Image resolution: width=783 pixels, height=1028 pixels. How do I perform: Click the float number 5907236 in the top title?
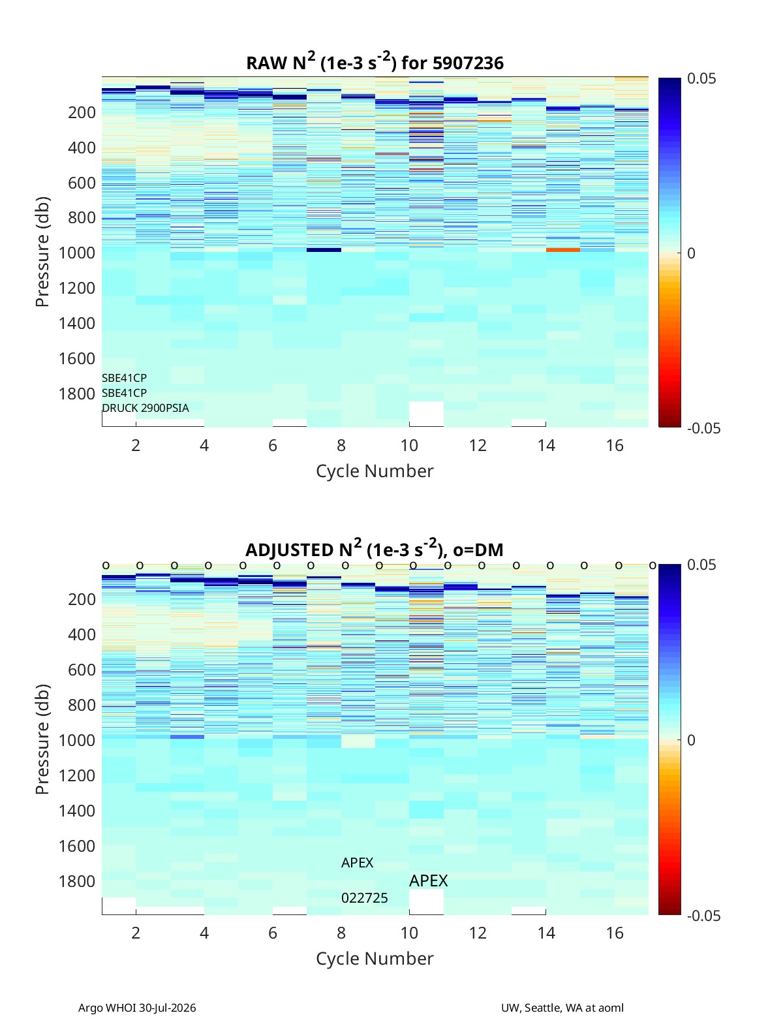[x=468, y=63]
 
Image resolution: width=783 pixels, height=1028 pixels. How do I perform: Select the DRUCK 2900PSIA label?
[x=146, y=408]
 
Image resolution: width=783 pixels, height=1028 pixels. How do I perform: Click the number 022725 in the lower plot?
[x=365, y=898]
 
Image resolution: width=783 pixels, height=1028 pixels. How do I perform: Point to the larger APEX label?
[x=428, y=880]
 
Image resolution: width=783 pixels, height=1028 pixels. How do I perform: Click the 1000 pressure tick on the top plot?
[x=77, y=253]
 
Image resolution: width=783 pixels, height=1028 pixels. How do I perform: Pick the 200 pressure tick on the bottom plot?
[x=82, y=599]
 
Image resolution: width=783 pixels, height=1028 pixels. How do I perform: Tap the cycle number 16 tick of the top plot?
[x=615, y=445]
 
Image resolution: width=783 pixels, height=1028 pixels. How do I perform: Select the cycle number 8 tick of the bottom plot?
[x=341, y=933]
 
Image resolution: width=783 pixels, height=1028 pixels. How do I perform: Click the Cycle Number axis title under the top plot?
[x=375, y=471]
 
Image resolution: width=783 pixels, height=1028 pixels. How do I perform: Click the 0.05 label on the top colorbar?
[x=701, y=78]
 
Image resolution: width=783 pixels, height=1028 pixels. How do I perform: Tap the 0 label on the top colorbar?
[x=691, y=253]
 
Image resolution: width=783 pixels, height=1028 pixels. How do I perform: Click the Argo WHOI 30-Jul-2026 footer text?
[x=137, y=1008]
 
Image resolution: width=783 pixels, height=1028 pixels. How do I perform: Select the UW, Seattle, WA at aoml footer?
[x=562, y=1008]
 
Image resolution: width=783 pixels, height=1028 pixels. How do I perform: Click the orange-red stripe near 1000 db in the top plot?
[x=563, y=250]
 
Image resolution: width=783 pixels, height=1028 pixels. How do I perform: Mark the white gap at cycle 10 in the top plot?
[x=426, y=414]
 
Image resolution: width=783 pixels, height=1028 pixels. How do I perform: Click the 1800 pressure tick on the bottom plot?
[x=77, y=881]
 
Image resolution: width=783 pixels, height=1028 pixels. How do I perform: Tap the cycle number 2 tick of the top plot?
[x=136, y=445]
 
